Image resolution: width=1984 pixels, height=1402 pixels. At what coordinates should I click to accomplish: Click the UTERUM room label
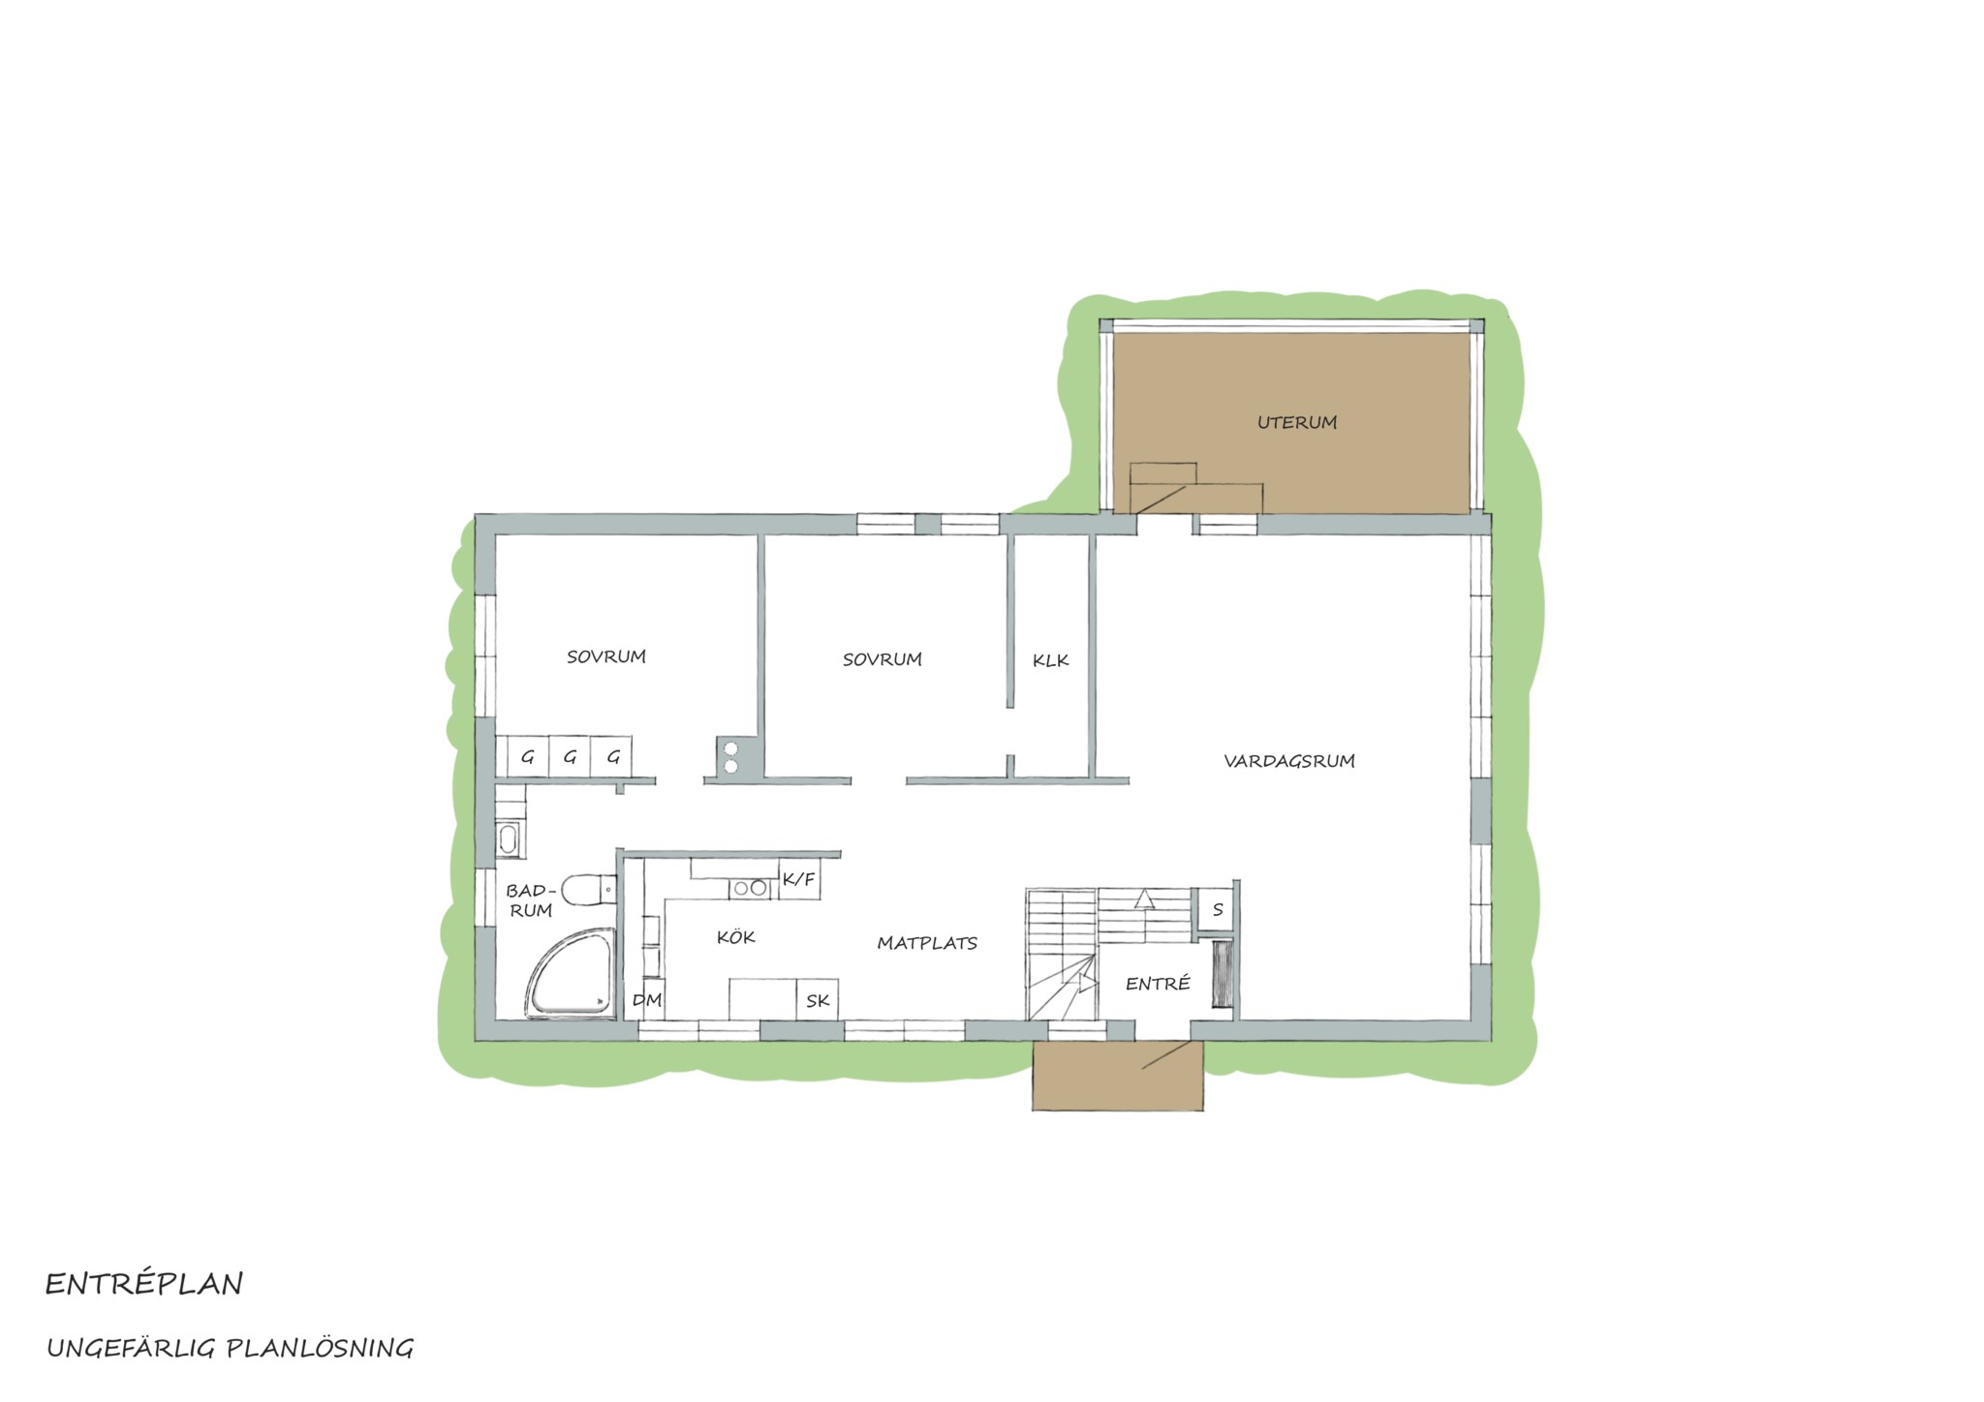click(x=1297, y=422)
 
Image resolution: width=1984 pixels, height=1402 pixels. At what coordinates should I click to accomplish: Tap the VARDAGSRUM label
click(x=1289, y=761)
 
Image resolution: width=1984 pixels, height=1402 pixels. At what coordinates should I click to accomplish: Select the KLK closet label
click(x=1051, y=661)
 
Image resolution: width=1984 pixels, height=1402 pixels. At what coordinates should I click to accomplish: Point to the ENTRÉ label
click(x=1158, y=984)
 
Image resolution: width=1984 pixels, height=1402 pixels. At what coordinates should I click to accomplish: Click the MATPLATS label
click(x=927, y=943)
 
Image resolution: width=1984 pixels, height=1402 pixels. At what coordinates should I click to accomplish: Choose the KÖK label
click(x=736, y=936)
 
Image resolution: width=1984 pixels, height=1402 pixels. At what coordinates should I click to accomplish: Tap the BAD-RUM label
click(x=531, y=900)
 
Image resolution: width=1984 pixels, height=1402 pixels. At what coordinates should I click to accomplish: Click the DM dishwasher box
click(x=647, y=1000)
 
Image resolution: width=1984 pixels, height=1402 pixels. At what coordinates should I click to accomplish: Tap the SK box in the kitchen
click(x=818, y=1000)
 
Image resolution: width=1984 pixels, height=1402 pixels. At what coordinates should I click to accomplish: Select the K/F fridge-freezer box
click(x=800, y=879)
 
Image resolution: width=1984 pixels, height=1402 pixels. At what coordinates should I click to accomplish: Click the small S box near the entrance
click(x=1217, y=910)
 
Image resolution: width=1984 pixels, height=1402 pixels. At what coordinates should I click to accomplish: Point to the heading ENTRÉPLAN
click(x=144, y=1285)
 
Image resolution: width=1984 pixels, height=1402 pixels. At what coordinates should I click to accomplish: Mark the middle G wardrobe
click(x=570, y=756)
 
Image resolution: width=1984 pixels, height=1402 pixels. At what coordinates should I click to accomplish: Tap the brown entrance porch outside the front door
click(x=1118, y=1076)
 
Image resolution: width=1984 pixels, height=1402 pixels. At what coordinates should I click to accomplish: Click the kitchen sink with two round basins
click(x=750, y=888)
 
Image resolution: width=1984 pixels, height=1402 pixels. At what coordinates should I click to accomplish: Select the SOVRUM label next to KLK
click(x=882, y=659)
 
